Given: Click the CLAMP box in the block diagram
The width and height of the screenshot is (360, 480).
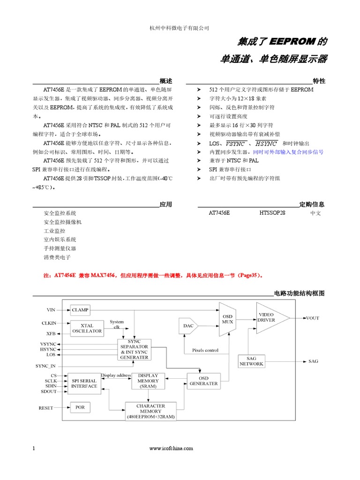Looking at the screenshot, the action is point(80,310).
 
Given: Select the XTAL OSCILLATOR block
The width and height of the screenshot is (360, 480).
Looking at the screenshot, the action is point(87,328).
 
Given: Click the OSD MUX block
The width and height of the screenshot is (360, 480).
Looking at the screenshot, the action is point(227,319).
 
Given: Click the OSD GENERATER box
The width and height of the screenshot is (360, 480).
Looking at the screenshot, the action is point(203,381).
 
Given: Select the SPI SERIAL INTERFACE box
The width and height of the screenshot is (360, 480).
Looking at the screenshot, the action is point(84,383).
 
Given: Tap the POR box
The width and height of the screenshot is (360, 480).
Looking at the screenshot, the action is point(80,407).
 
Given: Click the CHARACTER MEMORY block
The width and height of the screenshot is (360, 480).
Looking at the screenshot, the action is point(150,411).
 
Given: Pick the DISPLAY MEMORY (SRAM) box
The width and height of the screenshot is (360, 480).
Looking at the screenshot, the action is point(148,381).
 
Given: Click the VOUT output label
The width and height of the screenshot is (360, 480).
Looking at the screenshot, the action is point(312,318).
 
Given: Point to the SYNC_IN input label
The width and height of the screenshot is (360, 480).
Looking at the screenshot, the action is point(45,366).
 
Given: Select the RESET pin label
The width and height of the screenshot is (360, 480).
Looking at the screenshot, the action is point(46,408).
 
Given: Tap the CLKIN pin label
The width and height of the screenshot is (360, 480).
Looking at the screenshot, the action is point(49,323).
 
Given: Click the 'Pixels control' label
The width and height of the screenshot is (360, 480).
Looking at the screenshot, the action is point(205,350).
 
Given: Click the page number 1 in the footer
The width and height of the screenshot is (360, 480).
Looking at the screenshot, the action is point(34,449).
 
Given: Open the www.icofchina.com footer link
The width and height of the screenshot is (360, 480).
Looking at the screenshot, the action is point(171,449).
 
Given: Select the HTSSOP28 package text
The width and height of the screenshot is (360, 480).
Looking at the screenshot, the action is point(272,213).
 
